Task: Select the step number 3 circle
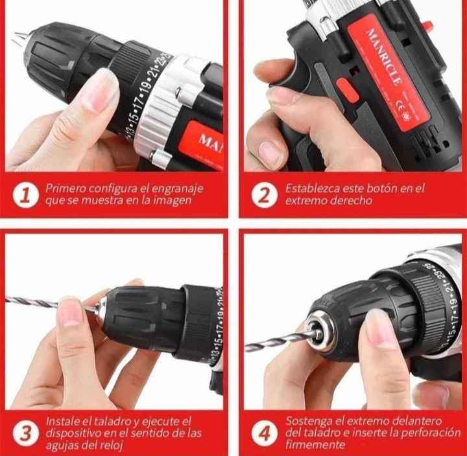click(x=25, y=433)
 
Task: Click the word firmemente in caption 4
click(x=315, y=445)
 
